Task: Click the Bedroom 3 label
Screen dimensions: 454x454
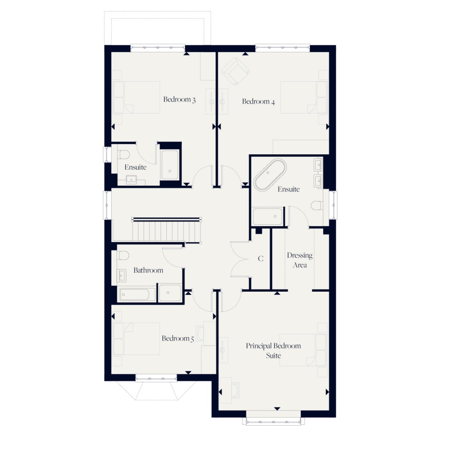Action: point(180,99)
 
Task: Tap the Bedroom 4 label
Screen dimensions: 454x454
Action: point(258,102)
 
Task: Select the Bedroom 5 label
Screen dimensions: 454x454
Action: point(178,339)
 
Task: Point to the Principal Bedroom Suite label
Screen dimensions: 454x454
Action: point(274,350)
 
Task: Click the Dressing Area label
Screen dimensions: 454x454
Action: point(300,260)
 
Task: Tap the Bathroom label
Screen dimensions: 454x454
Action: point(148,270)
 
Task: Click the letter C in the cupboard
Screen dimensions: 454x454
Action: point(261,258)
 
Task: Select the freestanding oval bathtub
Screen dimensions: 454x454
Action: point(270,175)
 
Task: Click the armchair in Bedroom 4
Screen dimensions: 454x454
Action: point(235,71)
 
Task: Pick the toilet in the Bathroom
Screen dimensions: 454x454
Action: point(123,256)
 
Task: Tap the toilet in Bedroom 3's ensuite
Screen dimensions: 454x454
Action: point(124,155)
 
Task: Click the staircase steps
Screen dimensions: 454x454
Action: point(166,231)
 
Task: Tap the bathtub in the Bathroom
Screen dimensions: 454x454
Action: point(137,294)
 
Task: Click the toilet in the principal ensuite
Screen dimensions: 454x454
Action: point(317,205)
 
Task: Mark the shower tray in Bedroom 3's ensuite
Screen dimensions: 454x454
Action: point(170,165)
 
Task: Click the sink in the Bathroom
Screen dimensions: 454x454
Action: point(122,276)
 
